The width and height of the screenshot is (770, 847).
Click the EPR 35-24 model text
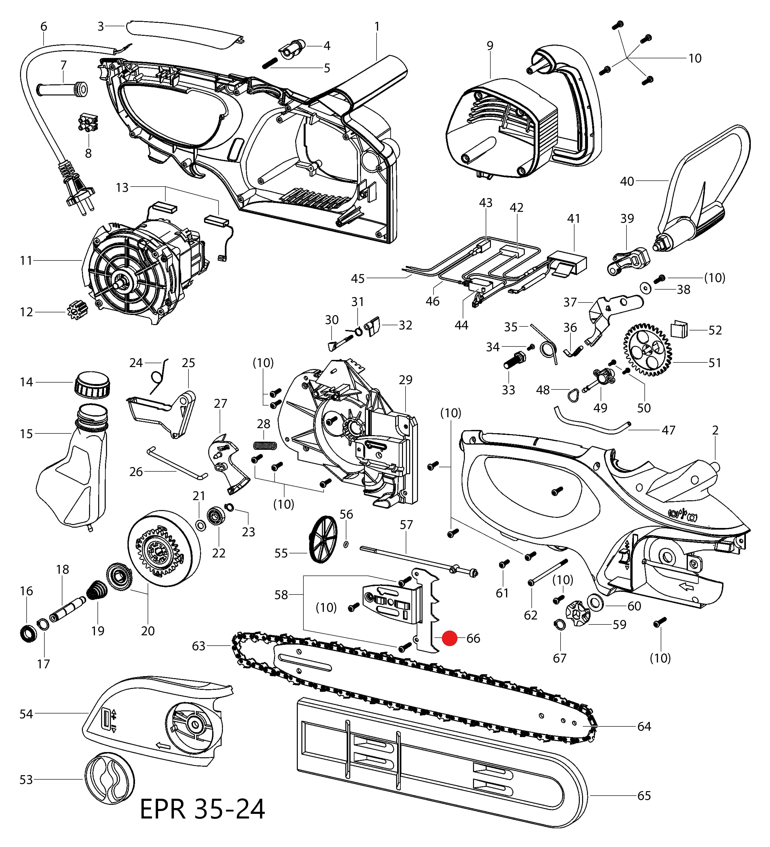pos(202,809)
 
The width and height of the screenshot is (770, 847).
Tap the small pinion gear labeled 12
pos(77,311)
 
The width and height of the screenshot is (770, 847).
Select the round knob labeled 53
pos(110,778)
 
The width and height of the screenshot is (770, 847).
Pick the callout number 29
pos(405,380)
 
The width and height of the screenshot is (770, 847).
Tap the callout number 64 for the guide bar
pos(644,726)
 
